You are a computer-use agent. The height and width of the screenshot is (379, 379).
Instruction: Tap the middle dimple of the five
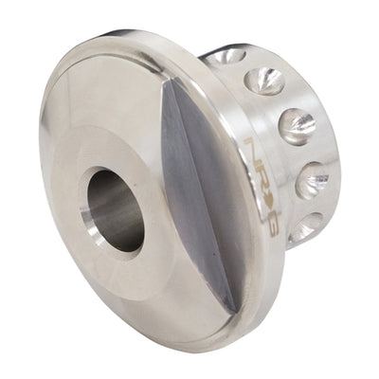pyautogui.click(x=296, y=126)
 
